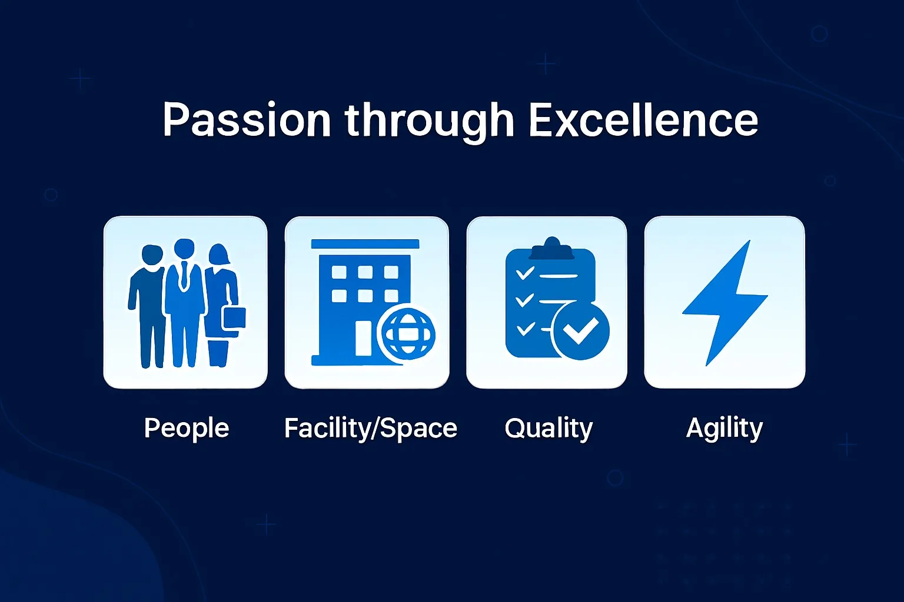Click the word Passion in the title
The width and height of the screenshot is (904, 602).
pos(247,120)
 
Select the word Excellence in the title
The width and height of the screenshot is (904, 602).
pos(643,119)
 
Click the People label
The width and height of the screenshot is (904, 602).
pos(187,428)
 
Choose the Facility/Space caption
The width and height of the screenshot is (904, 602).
pos(370,428)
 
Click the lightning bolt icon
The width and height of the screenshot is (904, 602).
pos(725,303)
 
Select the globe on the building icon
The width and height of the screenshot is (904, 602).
pos(407,334)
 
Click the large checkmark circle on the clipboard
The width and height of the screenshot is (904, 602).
pos(581,331)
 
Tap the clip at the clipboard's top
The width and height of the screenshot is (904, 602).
pos(551,249)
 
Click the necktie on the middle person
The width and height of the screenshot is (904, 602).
pos(184,275)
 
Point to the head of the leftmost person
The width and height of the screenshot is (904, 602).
pos(152,255)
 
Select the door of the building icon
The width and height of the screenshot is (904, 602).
pos(363,339)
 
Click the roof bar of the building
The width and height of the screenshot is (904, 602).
pos(365,244)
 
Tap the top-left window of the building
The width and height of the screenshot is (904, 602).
pos(339,272)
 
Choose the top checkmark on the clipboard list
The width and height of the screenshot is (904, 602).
pos(525,273)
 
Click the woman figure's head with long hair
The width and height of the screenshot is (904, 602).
pos(219,255)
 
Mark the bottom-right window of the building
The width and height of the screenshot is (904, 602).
pos(391,296)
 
